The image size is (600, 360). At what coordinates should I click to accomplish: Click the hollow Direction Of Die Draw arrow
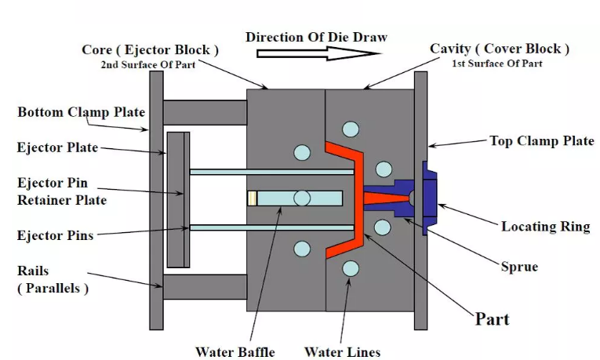318,53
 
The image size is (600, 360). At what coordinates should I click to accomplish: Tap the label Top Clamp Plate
541,141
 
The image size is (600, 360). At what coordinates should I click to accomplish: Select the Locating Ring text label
545,227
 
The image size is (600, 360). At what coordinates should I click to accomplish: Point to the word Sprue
519,267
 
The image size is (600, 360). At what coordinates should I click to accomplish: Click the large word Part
492,318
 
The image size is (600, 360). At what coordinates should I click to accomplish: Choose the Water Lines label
342,351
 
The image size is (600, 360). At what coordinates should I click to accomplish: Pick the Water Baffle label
235,351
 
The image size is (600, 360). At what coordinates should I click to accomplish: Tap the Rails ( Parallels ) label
53,279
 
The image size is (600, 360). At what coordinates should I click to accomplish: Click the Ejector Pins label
56,235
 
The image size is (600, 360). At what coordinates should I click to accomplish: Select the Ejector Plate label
58,147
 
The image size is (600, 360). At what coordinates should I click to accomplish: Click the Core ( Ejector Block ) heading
150,50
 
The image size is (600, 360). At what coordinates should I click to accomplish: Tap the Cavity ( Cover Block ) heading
500,49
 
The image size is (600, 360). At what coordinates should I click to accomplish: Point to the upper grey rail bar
205,112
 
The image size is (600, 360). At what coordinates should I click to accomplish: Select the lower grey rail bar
205,287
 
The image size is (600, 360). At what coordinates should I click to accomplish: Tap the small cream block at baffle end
253,198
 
